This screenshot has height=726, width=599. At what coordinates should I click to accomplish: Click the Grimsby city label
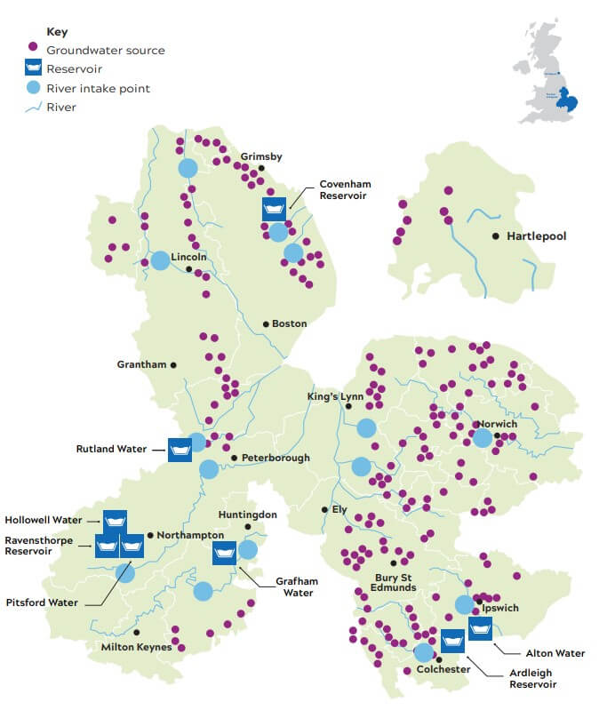pos(261,157)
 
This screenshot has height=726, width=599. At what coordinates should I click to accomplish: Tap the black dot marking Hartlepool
pos(496,236)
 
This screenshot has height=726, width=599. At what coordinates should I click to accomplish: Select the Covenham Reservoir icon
pos(274,209)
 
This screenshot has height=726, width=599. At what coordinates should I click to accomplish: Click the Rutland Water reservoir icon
pos(180,450)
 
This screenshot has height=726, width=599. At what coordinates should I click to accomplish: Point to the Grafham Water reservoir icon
pos(224,553)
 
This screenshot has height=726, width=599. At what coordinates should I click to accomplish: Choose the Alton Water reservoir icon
pos(481,628)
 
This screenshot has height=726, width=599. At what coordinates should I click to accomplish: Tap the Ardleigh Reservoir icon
pos(452,640)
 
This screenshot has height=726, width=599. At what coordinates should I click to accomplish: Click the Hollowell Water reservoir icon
pos(116,522)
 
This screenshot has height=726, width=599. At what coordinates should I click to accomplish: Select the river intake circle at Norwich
pos(483,438)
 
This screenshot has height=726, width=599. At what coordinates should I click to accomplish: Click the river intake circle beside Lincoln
pos(160,260)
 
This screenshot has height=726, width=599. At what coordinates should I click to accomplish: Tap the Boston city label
pos(289,323)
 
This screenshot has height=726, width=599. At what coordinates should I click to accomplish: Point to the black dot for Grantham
pos(173,364)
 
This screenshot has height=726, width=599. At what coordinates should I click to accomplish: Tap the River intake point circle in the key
pos(34,87)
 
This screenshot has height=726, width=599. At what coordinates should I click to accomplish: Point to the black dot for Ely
pos(324,510)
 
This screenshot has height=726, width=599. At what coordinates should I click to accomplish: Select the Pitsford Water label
pos(42,602)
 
